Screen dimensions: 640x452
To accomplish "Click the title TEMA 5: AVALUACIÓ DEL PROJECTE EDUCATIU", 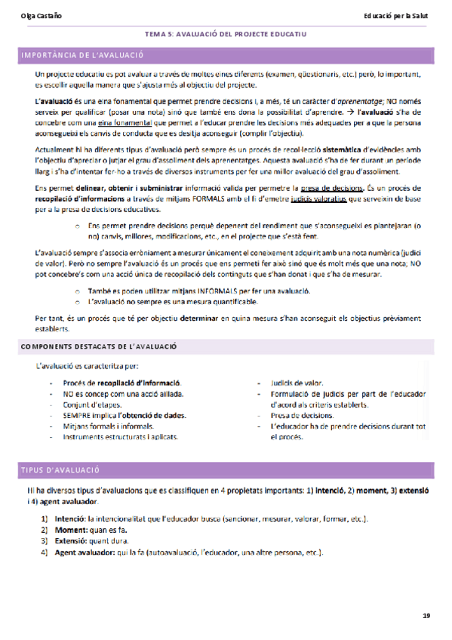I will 226,34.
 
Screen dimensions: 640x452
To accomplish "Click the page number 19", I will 426,617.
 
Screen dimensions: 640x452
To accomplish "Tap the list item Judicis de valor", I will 297,383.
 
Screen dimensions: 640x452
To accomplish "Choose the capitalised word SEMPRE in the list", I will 76,415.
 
